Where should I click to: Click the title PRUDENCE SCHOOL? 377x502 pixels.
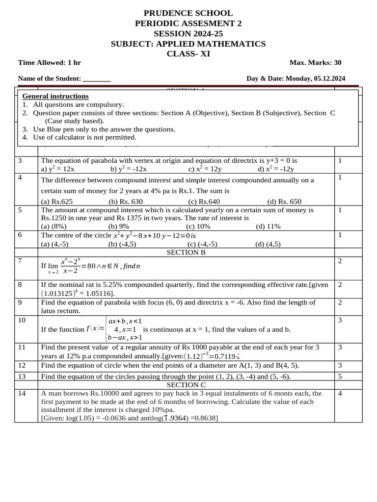tap(188, 13)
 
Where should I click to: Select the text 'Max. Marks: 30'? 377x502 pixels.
tap(315, 63)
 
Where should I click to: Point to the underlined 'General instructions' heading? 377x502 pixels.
tap(55, 96)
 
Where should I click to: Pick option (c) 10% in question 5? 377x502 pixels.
tap(198, 226)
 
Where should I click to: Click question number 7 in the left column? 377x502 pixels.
tap(20, 261)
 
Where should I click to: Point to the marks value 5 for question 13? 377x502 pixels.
tap(340, 376)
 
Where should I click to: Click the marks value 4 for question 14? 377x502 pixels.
tap(340, 393)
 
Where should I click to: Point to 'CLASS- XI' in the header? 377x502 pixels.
tap(188, 54)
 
